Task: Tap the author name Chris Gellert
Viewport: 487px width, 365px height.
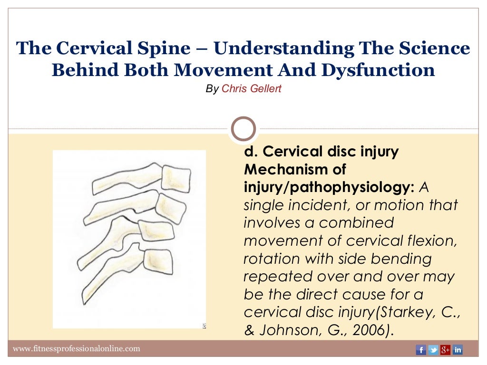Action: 252,89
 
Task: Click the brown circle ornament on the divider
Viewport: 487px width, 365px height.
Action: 243,129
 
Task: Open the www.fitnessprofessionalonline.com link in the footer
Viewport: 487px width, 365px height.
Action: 77,349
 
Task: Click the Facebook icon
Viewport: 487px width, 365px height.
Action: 420,350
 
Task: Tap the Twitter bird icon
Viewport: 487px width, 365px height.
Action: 433,350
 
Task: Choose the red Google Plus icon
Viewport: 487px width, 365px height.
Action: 445,350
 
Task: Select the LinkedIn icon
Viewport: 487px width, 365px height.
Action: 458,350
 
